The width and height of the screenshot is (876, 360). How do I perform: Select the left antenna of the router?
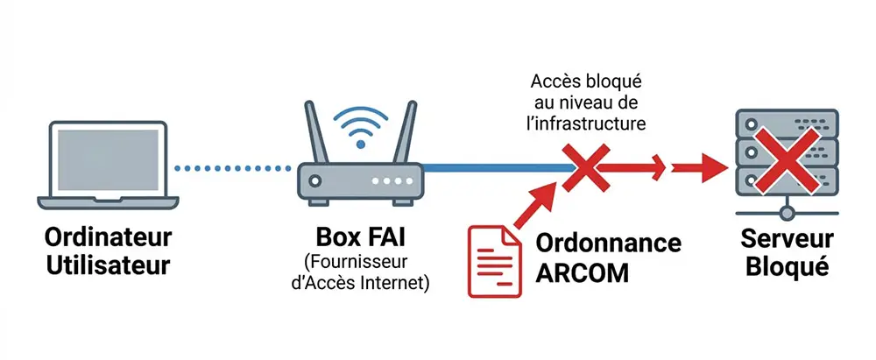point(314,131)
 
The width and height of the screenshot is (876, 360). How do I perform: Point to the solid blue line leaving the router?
point(491,167)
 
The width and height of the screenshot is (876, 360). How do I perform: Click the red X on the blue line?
point(583,167)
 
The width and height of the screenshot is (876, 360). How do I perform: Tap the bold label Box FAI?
point(359,238)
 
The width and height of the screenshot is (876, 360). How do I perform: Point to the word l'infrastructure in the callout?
point(587,124)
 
